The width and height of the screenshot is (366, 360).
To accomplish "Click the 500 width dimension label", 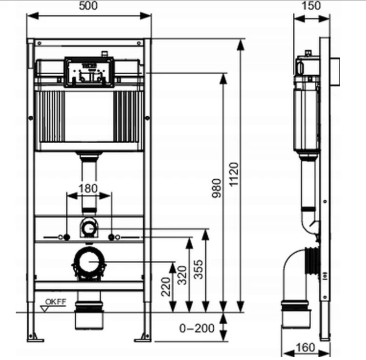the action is (x=88, y=6).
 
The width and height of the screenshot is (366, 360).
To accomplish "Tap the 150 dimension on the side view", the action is (x=311, y=6).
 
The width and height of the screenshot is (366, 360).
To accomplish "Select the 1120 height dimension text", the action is (x=234, y=174).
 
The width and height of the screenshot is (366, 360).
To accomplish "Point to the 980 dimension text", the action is (x=217, y=188).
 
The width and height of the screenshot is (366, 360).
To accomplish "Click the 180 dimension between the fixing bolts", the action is (x=88, y=189).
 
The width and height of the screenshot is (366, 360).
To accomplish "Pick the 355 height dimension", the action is (x=199, y=269).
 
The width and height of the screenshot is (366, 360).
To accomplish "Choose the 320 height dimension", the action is (x=183, y=275).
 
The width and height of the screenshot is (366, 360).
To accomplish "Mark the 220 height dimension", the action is (x=166, y=287).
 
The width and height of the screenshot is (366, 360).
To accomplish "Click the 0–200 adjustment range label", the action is (x=197, y=328).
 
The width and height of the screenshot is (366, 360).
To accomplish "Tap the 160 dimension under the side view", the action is (x=305, y=347).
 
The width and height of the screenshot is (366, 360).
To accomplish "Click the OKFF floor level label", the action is (x=56, y=301).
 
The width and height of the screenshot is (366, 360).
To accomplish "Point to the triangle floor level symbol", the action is (x=44, y=309).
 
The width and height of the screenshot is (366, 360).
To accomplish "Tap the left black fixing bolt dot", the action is (x=67, y=237).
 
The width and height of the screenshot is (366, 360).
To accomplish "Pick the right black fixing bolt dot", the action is (x=111, y=237).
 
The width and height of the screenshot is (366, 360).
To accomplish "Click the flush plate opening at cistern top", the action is (x=89, y=72).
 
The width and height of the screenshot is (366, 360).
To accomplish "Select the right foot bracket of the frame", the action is (x=143, y=338).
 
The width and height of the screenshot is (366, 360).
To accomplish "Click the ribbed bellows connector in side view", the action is (x=312, y=261).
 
